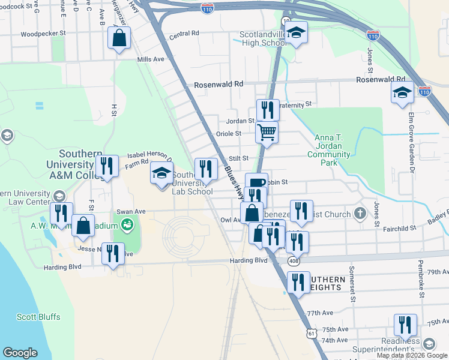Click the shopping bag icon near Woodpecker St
pyautogui.click(x=119, y=38)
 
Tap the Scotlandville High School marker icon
pyautogui.click(x=296, y=33)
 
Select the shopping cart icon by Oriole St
pyautogui.click(x=267, y=131)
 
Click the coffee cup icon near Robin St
pyautogui.click(x=256, y=183)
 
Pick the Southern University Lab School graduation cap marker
pyautogui.click(x=161, y=173)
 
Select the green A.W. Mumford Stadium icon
pyautogui.click(x=127, y=225)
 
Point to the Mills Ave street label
pyautogui.click(x=150, y=59)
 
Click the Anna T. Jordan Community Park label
pyautogui.click(x=328, y=150)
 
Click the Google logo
pyautogui.click(x=20, y=352)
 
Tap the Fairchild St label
pyautogui.click(x=400, y=229)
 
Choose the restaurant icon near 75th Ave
pyautogui.click(x=405, y=325)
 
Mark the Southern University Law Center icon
pyautogui.click(x=59, y=196)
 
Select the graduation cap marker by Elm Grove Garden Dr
pyautogui.click(x=402, y=92)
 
